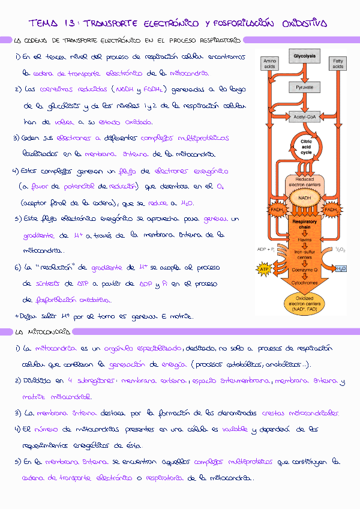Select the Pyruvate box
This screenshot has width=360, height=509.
point(304,88)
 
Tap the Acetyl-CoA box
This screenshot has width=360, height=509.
point(304,117)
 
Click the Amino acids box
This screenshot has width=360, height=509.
point(270,64)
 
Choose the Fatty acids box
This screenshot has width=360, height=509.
point(338,64)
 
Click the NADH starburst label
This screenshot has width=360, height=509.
point(305,198)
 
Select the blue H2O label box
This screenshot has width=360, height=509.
point(341,269)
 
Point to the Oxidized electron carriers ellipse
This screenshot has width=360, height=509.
point(305,304)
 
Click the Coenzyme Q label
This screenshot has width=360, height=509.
point(305,269)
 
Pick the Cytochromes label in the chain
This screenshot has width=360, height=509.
point(305,282)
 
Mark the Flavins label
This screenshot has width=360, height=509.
point(305,239)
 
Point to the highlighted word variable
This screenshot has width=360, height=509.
point(236,430)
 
